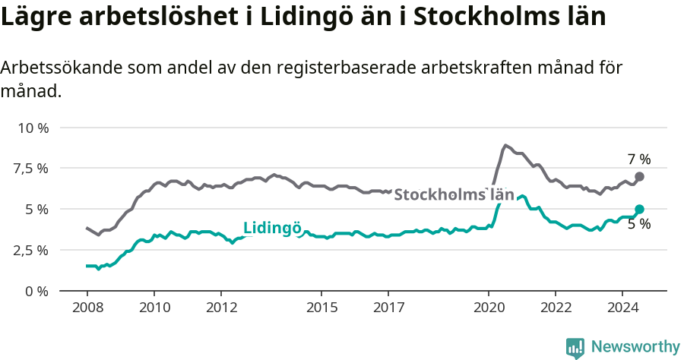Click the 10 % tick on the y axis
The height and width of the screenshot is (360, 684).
coord(32,128)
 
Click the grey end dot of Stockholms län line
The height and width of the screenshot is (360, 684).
coord(639,176)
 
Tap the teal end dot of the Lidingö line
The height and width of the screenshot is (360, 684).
coord(639,209)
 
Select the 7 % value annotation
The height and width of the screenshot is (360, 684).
coord(639,159)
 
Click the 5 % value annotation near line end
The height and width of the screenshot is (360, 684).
coord(639,224)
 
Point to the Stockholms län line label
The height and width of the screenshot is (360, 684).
coord(454,194)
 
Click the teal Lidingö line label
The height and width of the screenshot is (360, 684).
coord(272,228)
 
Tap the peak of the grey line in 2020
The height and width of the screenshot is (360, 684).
coord(505,145)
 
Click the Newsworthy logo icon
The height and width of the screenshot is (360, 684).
coord(575,348)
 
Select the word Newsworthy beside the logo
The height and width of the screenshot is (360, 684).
coord(635,347)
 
